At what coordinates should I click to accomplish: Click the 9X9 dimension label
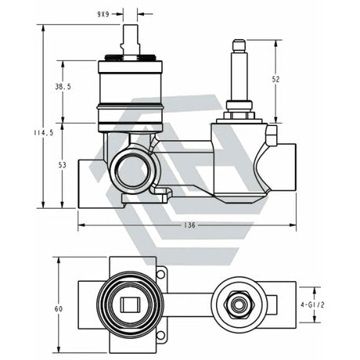pos(102,13)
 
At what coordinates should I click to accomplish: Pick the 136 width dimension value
pos(187,225)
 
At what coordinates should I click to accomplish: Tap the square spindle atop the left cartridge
pos(130,38)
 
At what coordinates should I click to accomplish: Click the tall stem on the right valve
pos(238,70)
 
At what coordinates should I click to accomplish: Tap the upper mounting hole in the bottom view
pos(160,273)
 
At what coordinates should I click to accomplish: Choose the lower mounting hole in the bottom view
pos(160,336)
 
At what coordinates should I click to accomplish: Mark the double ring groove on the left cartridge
pos(130,106)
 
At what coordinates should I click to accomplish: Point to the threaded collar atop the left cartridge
pos(130,59)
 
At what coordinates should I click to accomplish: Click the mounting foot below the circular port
pos(160,193)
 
